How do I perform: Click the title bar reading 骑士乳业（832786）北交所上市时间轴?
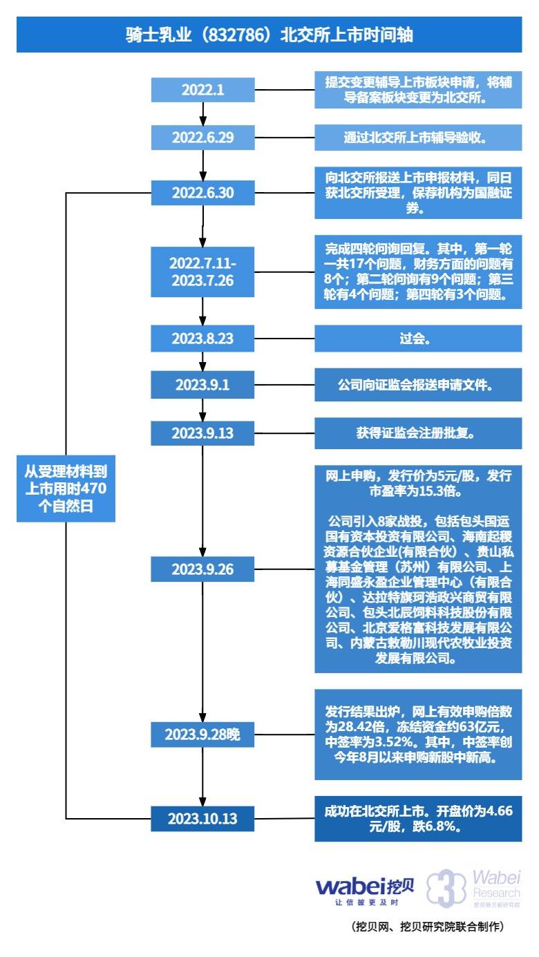pos(269,35)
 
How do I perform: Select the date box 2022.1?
pos(203,90)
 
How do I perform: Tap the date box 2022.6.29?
pos(203,137)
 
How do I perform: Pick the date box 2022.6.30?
pos(203,193)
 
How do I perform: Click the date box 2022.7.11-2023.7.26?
pos(203,272)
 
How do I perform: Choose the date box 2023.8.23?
pos(203,339)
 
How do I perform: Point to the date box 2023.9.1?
pos(203,385)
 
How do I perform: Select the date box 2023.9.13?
pos(203,433)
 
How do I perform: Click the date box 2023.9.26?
pos(203,569)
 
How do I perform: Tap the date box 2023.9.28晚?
pos(203,734)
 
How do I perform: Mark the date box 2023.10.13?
pos(203,819)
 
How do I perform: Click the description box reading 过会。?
pos(418,339)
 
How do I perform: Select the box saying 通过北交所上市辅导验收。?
pos(418,137)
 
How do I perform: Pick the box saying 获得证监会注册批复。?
pos(418,433)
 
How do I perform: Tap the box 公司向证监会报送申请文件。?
pos(418,385)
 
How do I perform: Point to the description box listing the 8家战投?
pos(418,568)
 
